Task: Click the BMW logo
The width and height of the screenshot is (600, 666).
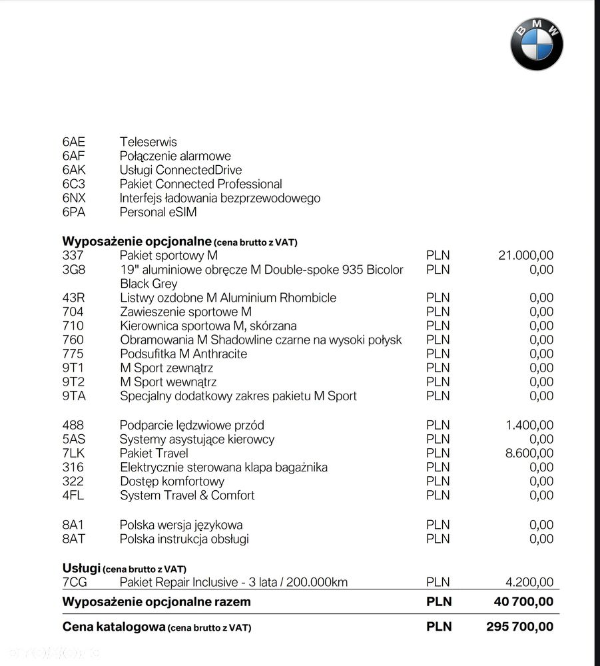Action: point(537,44)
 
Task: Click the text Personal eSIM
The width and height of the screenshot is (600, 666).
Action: point(158,212)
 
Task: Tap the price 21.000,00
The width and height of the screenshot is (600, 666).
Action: point(525,255)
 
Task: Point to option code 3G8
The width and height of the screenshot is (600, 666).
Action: point(74,270)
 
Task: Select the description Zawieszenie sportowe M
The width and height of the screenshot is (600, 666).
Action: point(186,312)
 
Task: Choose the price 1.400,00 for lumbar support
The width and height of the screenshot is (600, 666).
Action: point(529,425)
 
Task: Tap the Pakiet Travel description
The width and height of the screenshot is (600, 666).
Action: point(154,454)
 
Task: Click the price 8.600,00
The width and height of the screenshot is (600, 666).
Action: point(529,454)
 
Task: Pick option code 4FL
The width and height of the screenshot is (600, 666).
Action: point(73,496)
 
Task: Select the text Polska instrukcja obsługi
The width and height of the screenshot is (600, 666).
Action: point(184,539)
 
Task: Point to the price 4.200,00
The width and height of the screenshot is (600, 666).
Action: point(529,582)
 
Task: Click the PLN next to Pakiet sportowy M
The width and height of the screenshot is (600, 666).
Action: point(438,255)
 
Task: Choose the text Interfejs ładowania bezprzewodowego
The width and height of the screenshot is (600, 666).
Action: point(220,198)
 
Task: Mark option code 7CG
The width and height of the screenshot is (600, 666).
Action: point(75,582)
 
